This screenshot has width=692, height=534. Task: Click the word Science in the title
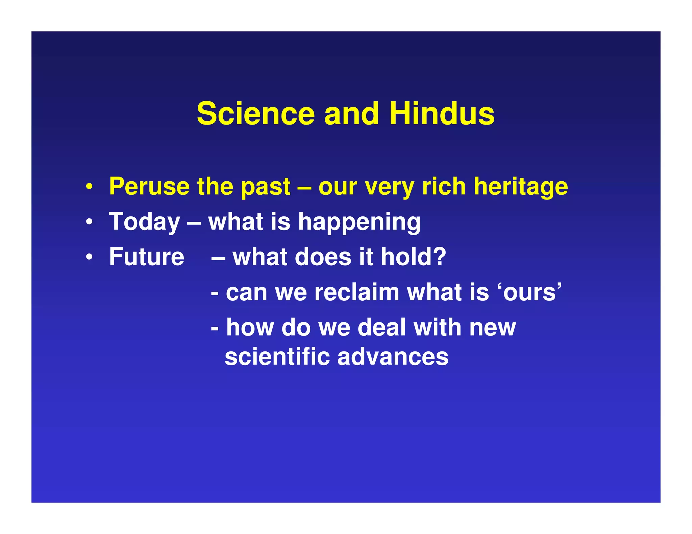pos(256,114)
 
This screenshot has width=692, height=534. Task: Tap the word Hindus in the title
pos(442,114)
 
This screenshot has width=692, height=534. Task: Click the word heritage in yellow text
pos(521,187)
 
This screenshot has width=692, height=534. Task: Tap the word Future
pos(147,257)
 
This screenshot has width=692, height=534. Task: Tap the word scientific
pos(277,357)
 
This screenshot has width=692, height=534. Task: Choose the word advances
pos(393,357)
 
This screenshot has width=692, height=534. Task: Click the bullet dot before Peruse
pos(89,187)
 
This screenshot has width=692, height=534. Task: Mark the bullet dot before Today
pos(89,222)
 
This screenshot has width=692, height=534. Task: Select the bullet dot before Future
pos(89,257)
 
